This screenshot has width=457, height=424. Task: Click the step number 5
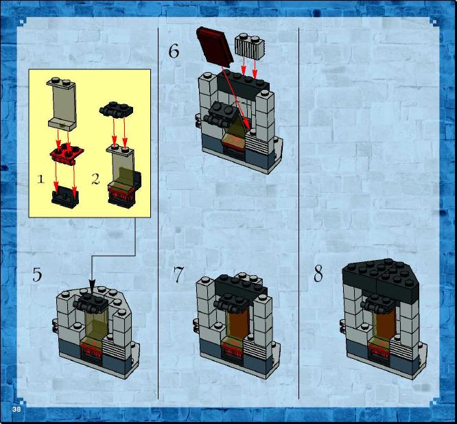click(37, 274)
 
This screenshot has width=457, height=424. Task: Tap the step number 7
click(178, 274)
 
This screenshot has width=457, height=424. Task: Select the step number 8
click(318, 274)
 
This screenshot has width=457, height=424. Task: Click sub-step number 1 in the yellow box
click(40, 178)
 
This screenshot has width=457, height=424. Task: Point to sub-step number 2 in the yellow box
click(95, 178)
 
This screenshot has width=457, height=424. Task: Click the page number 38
click(16, 409)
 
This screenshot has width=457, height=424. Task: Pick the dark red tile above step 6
click(215, 45)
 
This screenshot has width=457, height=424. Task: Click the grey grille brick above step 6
click(250, 46)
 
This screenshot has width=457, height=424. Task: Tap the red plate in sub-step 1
click(67, 153)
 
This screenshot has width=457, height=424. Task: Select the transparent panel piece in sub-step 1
click(62, 104)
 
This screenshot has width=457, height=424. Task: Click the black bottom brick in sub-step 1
click(65, 197)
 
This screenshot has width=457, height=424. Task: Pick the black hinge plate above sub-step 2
click(116, 110)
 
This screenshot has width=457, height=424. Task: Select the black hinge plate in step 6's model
click(221, 114)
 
